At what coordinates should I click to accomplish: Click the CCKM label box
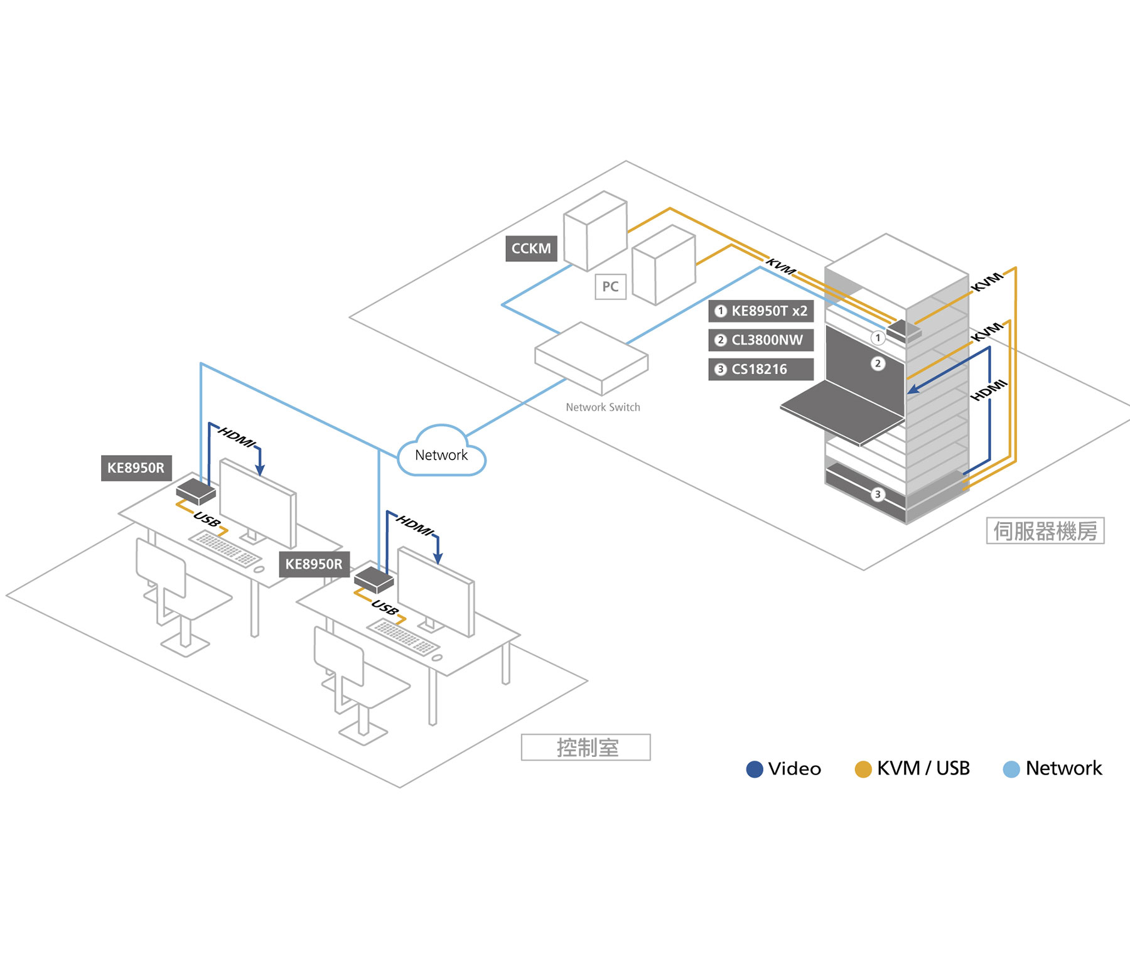[x=531, y=249]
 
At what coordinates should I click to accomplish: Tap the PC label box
[x=610, y=287]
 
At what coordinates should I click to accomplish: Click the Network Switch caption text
[x=603, y=407]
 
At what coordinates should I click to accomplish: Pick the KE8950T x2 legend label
[x=761, y=311]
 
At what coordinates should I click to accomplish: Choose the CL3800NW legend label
[x=761, y=340]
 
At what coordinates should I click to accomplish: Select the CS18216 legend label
[x=761, y=369]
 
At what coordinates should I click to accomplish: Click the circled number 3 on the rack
[x=878, y=495]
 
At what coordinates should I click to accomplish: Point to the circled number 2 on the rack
[x=878, y=363]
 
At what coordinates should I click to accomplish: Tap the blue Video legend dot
[x=754, y=769]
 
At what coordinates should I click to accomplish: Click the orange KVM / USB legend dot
[x=863, y=769]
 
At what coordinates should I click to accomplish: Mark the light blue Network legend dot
[x=1011, y=769]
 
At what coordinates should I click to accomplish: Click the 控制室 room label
[x=586, y=748]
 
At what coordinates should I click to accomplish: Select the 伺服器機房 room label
[x=1045, y=531]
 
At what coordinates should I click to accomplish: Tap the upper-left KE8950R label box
[x=136, y=468]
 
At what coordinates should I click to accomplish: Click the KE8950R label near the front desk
[x=314, y=564]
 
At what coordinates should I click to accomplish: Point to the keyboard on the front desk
[x=403, y=636]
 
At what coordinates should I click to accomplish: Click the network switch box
[x=591, y=358]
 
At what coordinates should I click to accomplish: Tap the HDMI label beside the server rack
[x=989, y=390]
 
